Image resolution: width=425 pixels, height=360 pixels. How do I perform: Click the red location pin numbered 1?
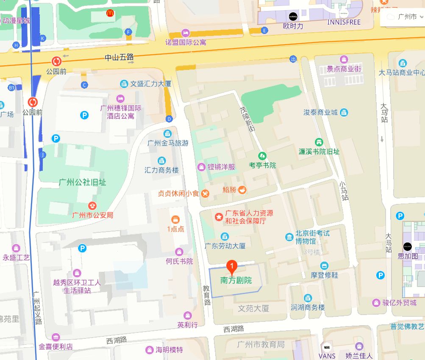[232, 267]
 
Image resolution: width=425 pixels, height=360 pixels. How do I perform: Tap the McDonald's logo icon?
[110, 14]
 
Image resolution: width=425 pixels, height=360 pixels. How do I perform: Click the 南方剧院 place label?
[236, 280]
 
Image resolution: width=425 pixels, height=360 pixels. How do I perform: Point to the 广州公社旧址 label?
[83, 182]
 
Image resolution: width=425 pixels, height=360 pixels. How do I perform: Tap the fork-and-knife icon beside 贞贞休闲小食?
[205, 193]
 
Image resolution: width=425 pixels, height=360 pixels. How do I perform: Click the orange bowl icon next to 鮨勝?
[242, 190]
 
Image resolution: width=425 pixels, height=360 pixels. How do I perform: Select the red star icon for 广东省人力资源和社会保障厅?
[219, 217]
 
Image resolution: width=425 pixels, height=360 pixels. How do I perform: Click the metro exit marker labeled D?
[169, 119]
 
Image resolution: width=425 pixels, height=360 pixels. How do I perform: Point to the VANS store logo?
[327, 347]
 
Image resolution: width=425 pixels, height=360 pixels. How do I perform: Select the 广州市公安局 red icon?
[92, 206]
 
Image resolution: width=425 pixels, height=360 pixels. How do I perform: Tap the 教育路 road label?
[207, 295]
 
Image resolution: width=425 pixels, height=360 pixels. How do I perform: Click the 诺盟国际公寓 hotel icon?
[185, 33]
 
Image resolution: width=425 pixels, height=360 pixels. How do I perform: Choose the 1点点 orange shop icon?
[175, 219]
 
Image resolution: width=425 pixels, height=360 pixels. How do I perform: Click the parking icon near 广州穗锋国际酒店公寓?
[85, 114]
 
